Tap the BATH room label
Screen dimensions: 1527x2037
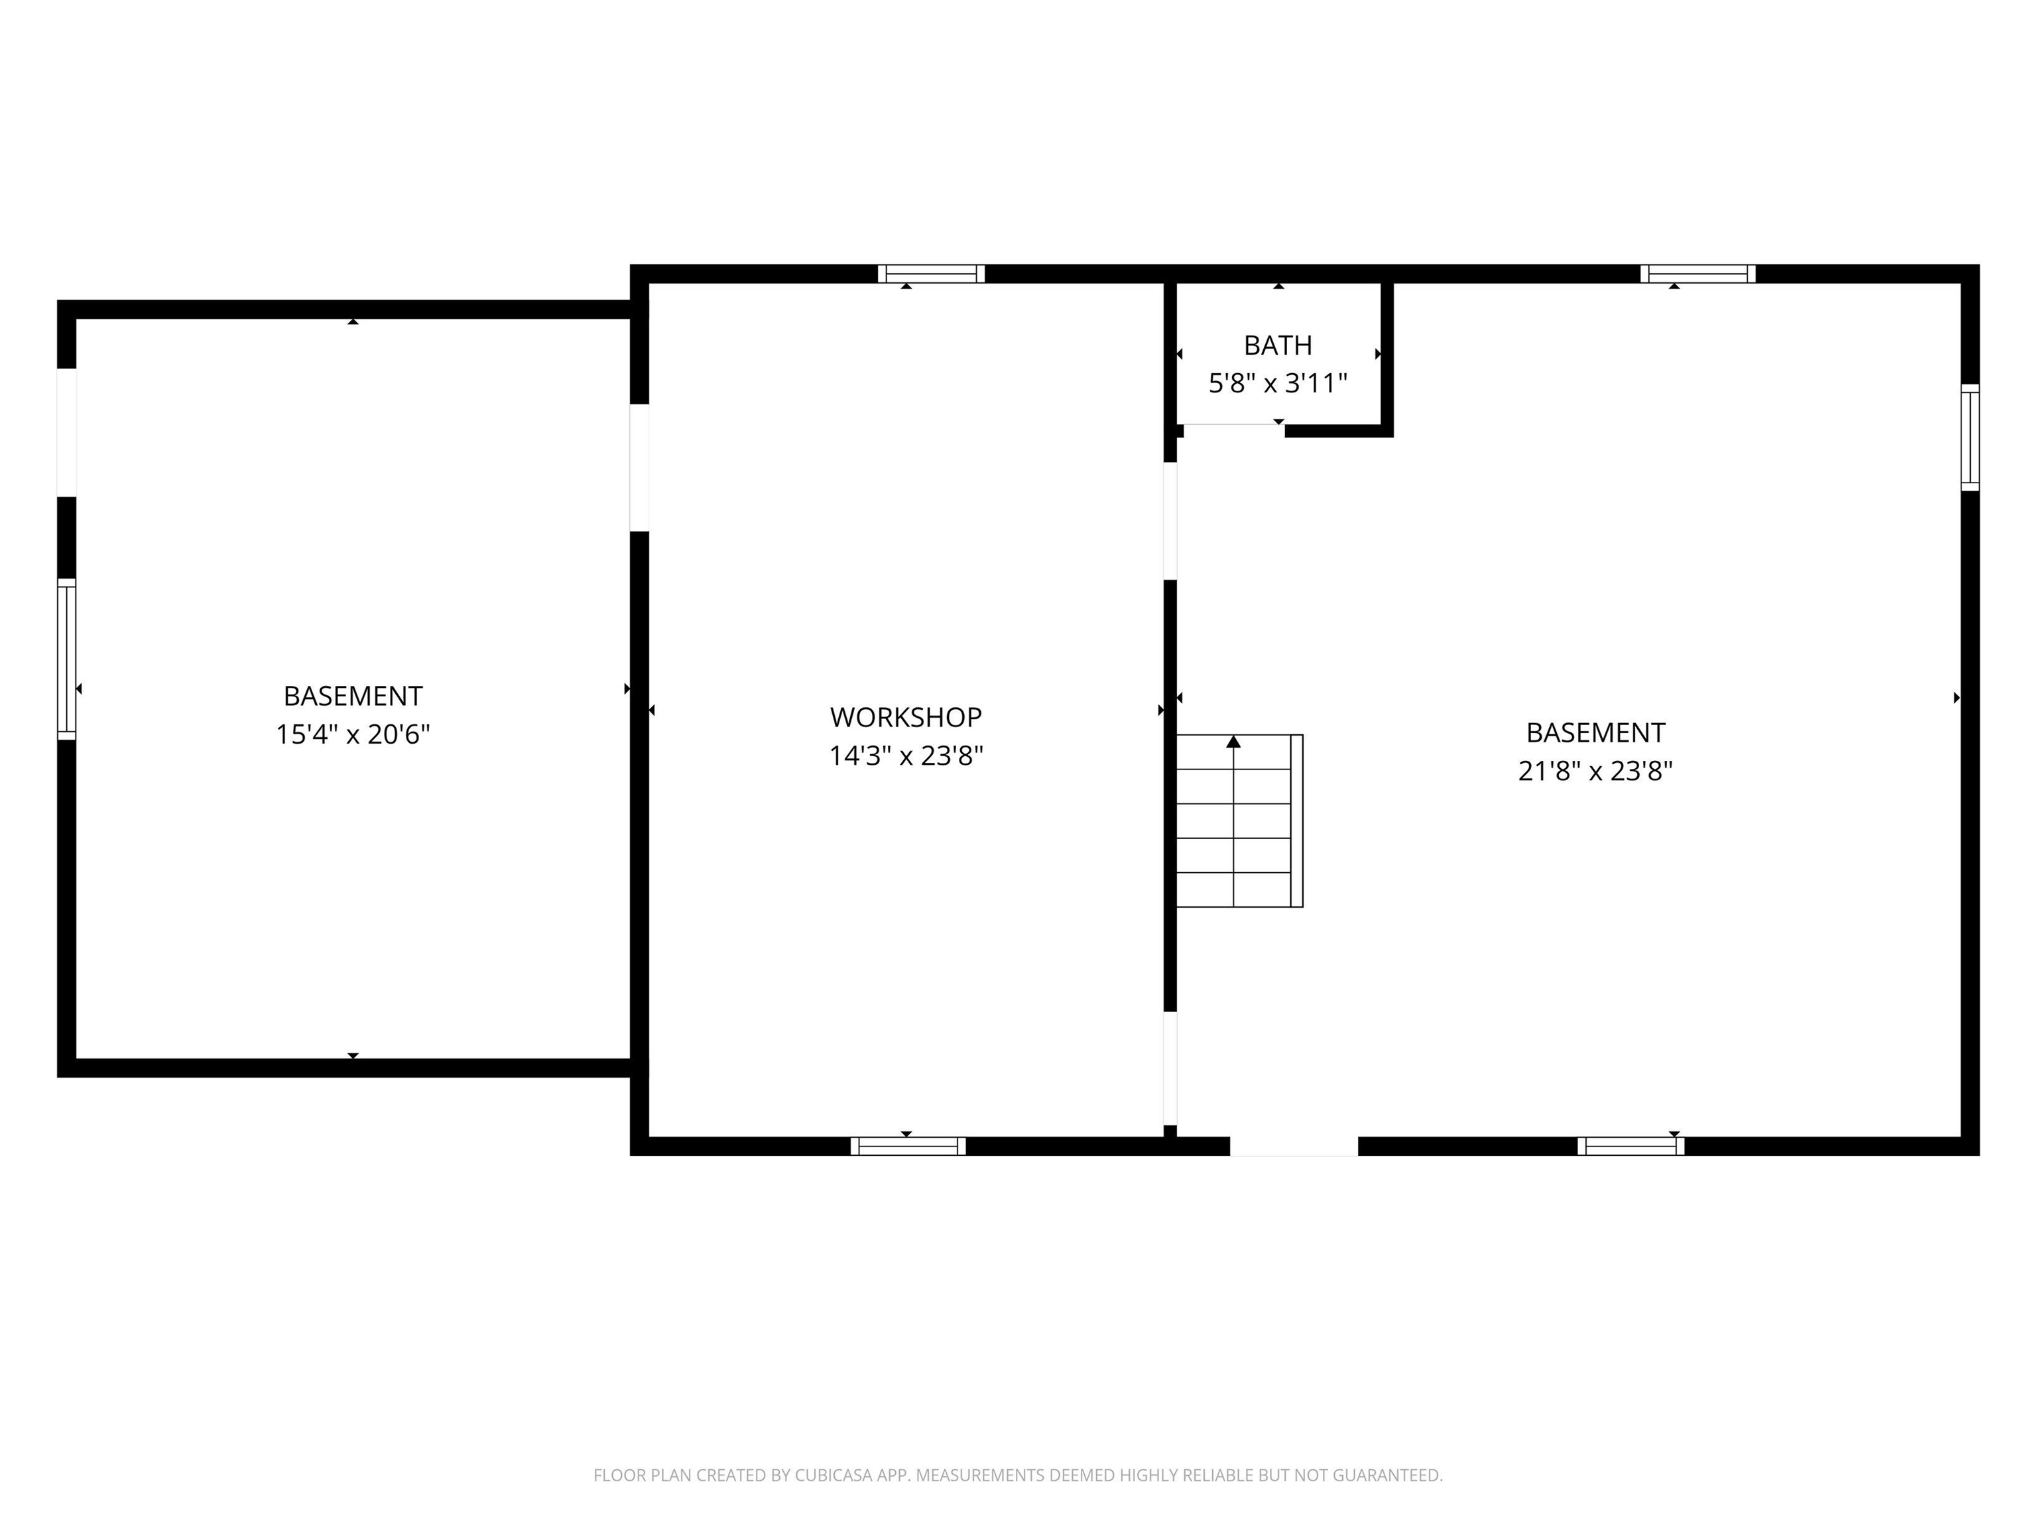[x=1277, y=345]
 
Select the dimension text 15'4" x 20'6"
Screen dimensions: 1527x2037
[x=353, y=734]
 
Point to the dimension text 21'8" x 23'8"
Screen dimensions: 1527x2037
[x=1595, y=770]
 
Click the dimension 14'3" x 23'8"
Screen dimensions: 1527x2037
[x=905, y=756]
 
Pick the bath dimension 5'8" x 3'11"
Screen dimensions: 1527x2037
[x=1277, y=383]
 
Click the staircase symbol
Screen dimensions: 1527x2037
[x=1239, y=821]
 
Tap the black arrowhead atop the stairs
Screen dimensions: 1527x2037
[x=1233, y=742]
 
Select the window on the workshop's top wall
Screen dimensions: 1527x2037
[x=931, y=273]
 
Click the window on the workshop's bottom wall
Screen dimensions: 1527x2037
[x=907, y=1146]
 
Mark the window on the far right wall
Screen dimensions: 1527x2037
[x=1969, y=437]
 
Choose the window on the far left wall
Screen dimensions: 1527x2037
[x=66, y=659]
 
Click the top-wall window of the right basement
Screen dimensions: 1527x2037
[x=1697, y=273]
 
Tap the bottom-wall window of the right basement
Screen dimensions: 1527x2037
[x=1630, y=1146]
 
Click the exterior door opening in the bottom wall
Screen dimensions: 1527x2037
[x=1294, y=1146]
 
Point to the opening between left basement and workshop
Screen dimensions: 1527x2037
[x=639, y=468]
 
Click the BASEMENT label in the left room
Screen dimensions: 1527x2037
[x=353, y=696]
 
